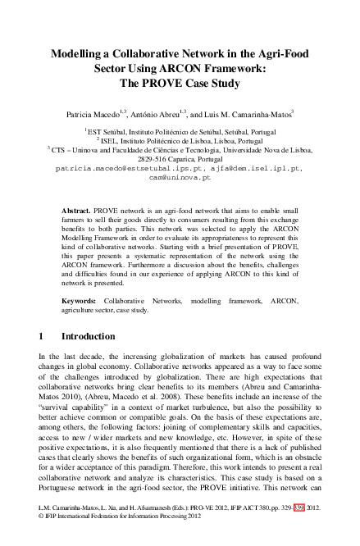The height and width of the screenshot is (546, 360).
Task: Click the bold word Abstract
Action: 78,211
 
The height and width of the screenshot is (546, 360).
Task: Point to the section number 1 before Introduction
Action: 42,336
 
